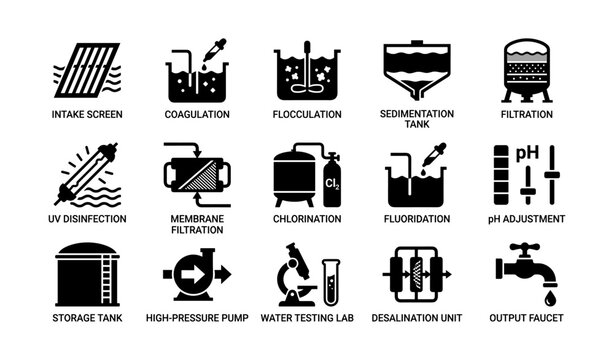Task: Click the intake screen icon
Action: click(x=86, y=70)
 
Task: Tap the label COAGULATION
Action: click(x=197, y=115)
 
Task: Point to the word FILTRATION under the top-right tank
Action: click(x=526, y=115)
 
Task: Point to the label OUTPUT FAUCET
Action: click(x=526, y=319)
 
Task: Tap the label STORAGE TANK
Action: click(x=87, y=319)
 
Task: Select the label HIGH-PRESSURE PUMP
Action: click(x=196, y=319)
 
